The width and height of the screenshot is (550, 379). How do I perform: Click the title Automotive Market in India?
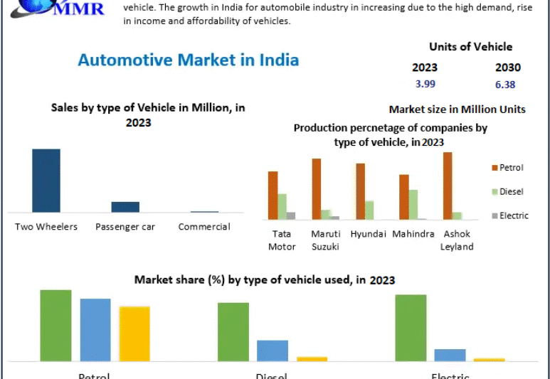pos(188,60)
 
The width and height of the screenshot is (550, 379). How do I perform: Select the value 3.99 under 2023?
pos(425,84)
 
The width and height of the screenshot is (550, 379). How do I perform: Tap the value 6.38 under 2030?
pos(505,84)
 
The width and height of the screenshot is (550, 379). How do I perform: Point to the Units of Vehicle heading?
pos(470,47)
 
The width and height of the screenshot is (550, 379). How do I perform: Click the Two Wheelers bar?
pos(46,181)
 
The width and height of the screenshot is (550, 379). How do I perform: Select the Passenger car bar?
pos(125,207)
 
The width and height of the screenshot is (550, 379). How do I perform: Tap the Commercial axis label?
pos(204,227)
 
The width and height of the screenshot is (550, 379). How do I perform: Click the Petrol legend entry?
pos(510,168)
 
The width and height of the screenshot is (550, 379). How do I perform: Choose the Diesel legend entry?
pos(510,191)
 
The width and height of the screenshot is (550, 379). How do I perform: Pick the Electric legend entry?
pos(512,215)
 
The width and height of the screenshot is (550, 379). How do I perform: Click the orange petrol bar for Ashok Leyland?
pos(448,186)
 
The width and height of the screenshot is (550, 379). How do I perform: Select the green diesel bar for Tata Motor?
pos(282,206)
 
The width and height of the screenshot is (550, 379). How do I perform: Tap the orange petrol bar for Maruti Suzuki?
pos(317,188)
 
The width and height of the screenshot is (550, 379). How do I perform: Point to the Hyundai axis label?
pos(369,234)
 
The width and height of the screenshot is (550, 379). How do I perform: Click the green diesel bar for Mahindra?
pos(413,205)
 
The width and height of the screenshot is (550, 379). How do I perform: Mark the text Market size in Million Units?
pos(457,110)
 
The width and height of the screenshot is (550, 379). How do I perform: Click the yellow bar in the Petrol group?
pos(134,333)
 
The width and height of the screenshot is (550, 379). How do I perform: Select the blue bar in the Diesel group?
pos(273,351)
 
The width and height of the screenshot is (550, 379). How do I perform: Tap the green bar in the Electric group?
pos(411,328)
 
